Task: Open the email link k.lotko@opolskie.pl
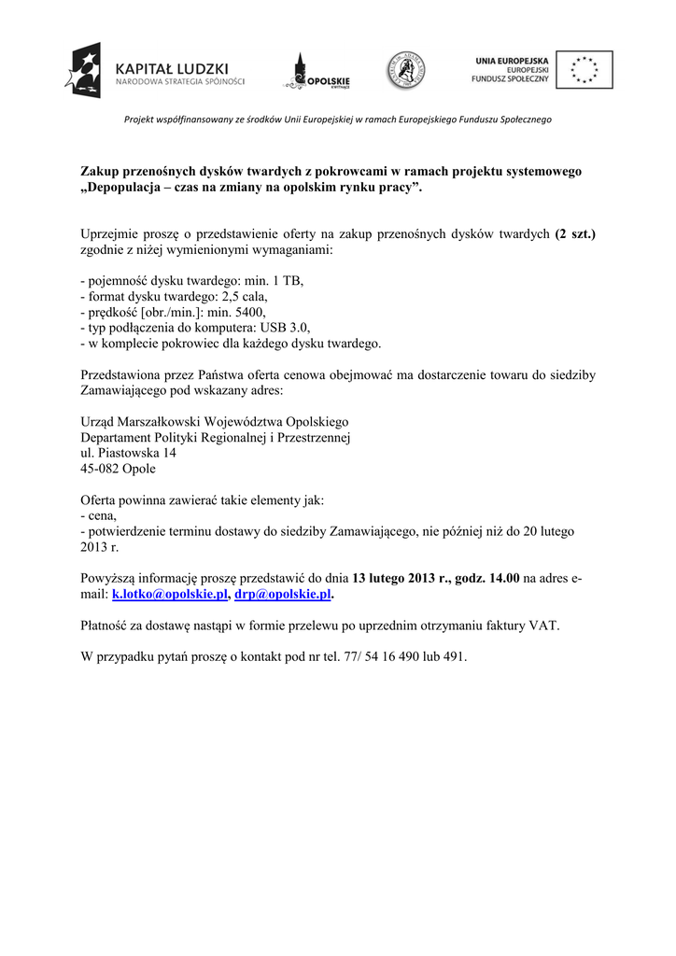click(x=170, y=594)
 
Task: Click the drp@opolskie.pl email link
click(x=283, y=594)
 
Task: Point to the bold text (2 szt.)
click(x=574, y=235)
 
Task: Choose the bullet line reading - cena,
click(x=98, y=515)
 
